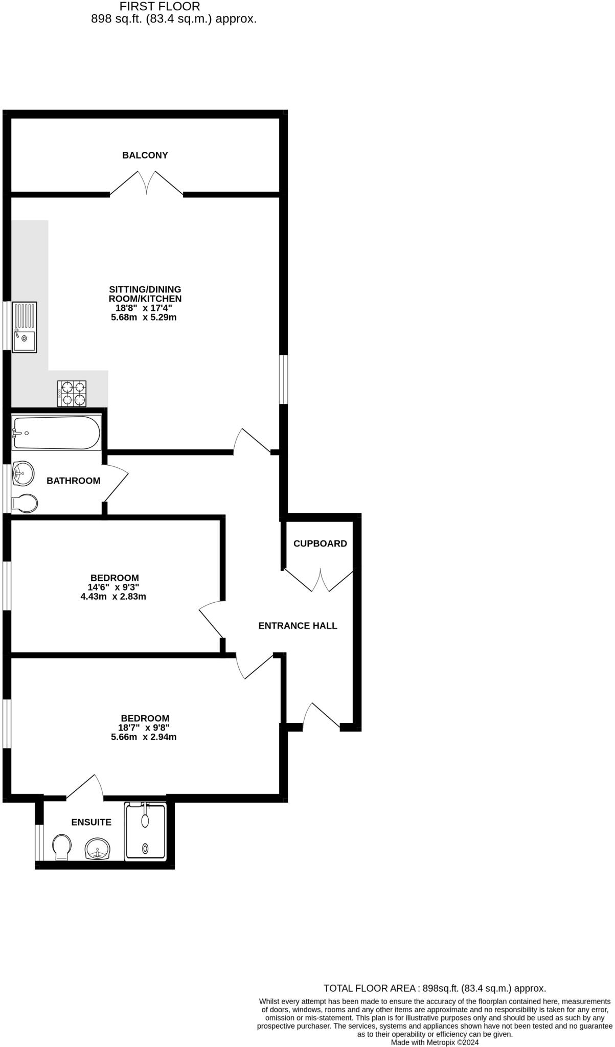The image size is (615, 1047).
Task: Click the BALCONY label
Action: pyautogui.click(x=145, y=155)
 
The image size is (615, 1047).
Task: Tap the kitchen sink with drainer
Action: pyautogui.click(x=25, y=327)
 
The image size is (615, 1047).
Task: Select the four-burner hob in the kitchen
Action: pyautogui.click(x=72, y=394)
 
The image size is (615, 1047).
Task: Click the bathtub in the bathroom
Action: pyautogui.click(x=56, y=433)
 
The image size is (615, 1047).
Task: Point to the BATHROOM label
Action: pyautogui.click(x=73, y=481)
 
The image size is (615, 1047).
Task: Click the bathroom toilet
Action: pyautogui.click(x=25, y=504)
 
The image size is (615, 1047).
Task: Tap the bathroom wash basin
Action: pyautogui.click(x=23, y=473)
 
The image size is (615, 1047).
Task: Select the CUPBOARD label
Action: pyautogui.click(x=320, y=544)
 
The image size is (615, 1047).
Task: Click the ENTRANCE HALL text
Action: pyautogui.click(x=298, y=626)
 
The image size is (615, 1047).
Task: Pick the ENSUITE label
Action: pyautogui.click(x=91, y=823)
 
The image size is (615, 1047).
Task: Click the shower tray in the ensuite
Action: pyautogui.click(x=146, y=832)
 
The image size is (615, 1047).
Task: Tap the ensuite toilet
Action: pyautogui.click(x=62, y=847)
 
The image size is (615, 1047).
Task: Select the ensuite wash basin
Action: pyautogui.click(x=97, y=849)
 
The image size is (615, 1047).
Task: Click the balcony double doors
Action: pyautogui.click(x=147, y=184)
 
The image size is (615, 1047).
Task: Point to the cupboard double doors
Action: pyautogui.click(x=320, y=581)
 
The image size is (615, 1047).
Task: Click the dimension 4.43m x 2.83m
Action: pyautogui.click(x=113, y=597)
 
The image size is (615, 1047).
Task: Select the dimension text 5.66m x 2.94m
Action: pyautogui.click(x=144, y=737)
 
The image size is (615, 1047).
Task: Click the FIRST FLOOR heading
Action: pyautogui.click(x=160, y=7)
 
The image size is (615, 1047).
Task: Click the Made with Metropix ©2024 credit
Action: pyautogui.click(x=435, y=1042)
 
